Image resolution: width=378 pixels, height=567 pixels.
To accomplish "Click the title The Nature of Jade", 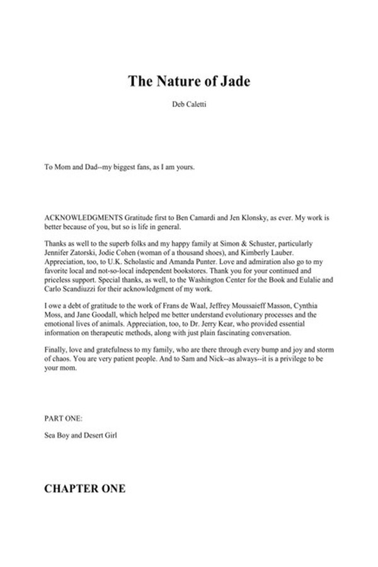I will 188,81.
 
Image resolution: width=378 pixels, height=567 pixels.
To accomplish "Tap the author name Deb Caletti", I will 188,108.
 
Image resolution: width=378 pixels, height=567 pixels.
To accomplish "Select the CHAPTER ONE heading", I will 84,488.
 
